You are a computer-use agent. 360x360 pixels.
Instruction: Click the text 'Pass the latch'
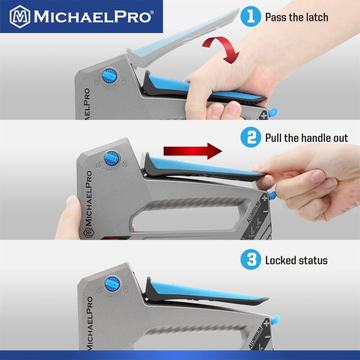click(x=297, y=17)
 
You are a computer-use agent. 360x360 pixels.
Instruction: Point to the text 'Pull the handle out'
click(x=306, y=138)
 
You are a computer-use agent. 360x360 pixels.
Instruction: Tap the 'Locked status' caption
click(x=296, y=260)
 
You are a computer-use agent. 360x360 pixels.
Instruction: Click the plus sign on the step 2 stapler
click(x=265, y=197)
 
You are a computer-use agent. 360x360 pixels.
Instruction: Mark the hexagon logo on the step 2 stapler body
click(x=87, y=233)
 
